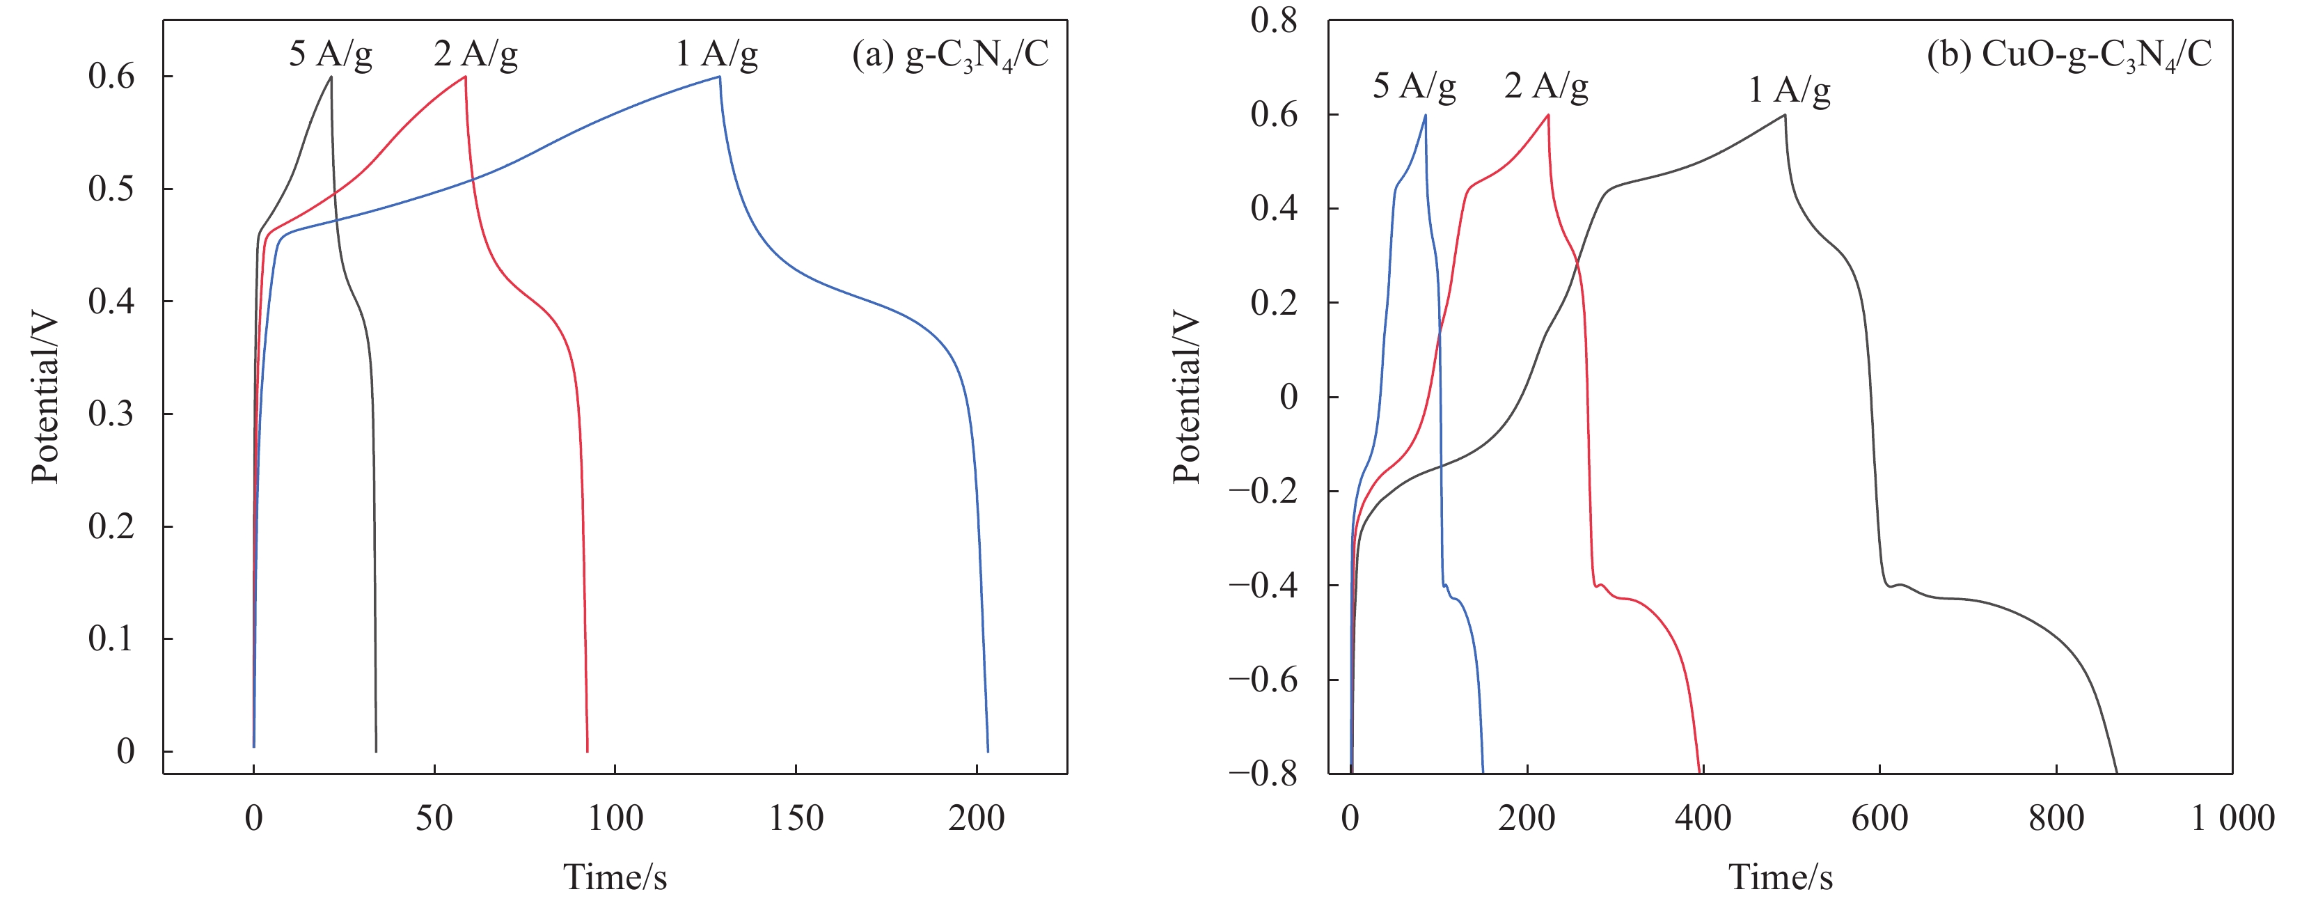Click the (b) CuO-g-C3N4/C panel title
[2068, 56]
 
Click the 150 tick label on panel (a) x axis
[796, 818]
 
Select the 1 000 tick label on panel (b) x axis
[2232, 818]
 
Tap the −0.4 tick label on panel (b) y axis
[1263, 586]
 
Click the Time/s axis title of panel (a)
[615, 877]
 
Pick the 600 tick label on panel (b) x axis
[1879, 818]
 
